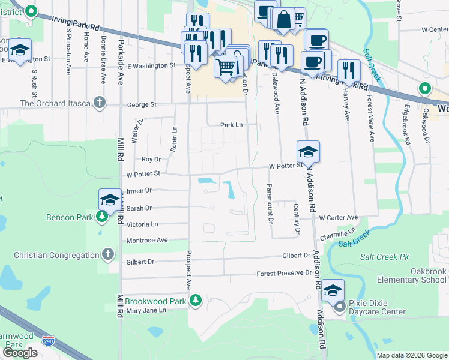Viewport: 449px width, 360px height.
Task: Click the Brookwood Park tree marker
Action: [x=194, y=299]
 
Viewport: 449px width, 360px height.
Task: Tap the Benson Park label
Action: [x=69, y=217]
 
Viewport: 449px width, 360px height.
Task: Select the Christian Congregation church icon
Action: [x=108, y=254]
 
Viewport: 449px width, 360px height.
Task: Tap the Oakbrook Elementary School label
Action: [x=412, y=275]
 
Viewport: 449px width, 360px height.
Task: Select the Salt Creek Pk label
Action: [x=384, y=257]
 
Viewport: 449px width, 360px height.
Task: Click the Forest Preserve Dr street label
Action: [x=284, y=272]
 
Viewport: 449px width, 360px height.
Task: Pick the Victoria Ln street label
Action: [x=142, y=224]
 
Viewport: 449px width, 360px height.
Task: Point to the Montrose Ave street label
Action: [x=147, y=241]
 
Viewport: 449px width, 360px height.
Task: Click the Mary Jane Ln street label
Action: [x=146, y=311]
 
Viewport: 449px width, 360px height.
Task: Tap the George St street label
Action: [x=142, y=104]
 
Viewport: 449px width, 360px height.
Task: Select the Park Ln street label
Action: [x=231, y=125]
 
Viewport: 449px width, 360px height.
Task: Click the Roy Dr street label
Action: [x=151, y=159]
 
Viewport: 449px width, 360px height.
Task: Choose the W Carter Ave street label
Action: [x=338, y=217]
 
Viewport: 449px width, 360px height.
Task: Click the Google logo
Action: [x=20, y=353]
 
